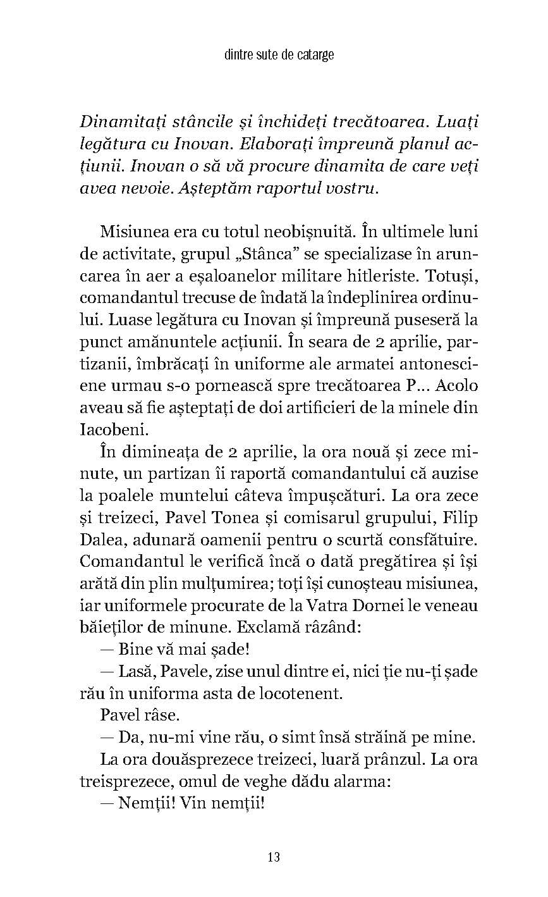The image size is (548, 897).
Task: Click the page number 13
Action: pyautogui.click(x=274, y=857)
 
